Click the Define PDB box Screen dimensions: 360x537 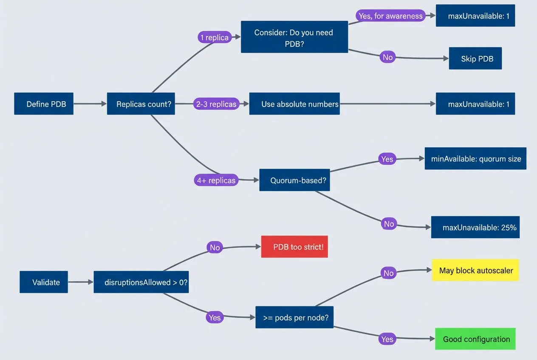click(x=44, y=104)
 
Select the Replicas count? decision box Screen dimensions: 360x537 click(x=141, y=104)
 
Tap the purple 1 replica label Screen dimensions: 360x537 click(x=214, y=37)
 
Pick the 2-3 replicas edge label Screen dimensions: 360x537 click(x=216, y=104)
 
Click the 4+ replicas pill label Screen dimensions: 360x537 click(x=216, y=180)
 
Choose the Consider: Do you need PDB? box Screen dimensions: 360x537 click(x=294, y=38)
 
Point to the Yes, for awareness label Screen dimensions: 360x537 click(x=390, y=16)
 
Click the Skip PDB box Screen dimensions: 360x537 click(x=475, y=59)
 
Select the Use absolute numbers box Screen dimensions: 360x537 click(x=294, y=104)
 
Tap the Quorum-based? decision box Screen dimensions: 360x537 click(x=294, y=180)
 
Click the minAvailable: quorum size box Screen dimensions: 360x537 click(x=475, y=159)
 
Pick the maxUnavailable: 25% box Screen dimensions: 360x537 click(x=475, y=227)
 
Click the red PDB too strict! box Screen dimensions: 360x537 click(x=294, y=247)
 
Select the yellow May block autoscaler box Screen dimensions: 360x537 click(x=475, y=270)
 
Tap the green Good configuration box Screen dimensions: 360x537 click(x=475, y=339)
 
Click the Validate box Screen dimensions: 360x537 click(x=44, y=282)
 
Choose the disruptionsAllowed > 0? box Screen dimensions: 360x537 click(x=141, y=282)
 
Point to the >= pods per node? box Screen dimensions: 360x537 click(x=294, y=317)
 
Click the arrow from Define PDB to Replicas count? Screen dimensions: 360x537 click(x=90, y=104)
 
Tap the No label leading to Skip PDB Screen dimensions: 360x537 click(x=387, y=57)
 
